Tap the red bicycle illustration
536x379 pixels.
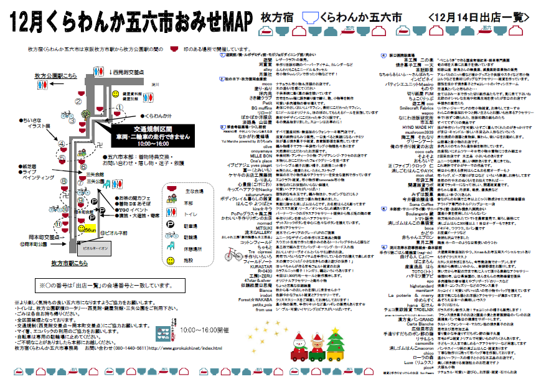click(x=233, y=255)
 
